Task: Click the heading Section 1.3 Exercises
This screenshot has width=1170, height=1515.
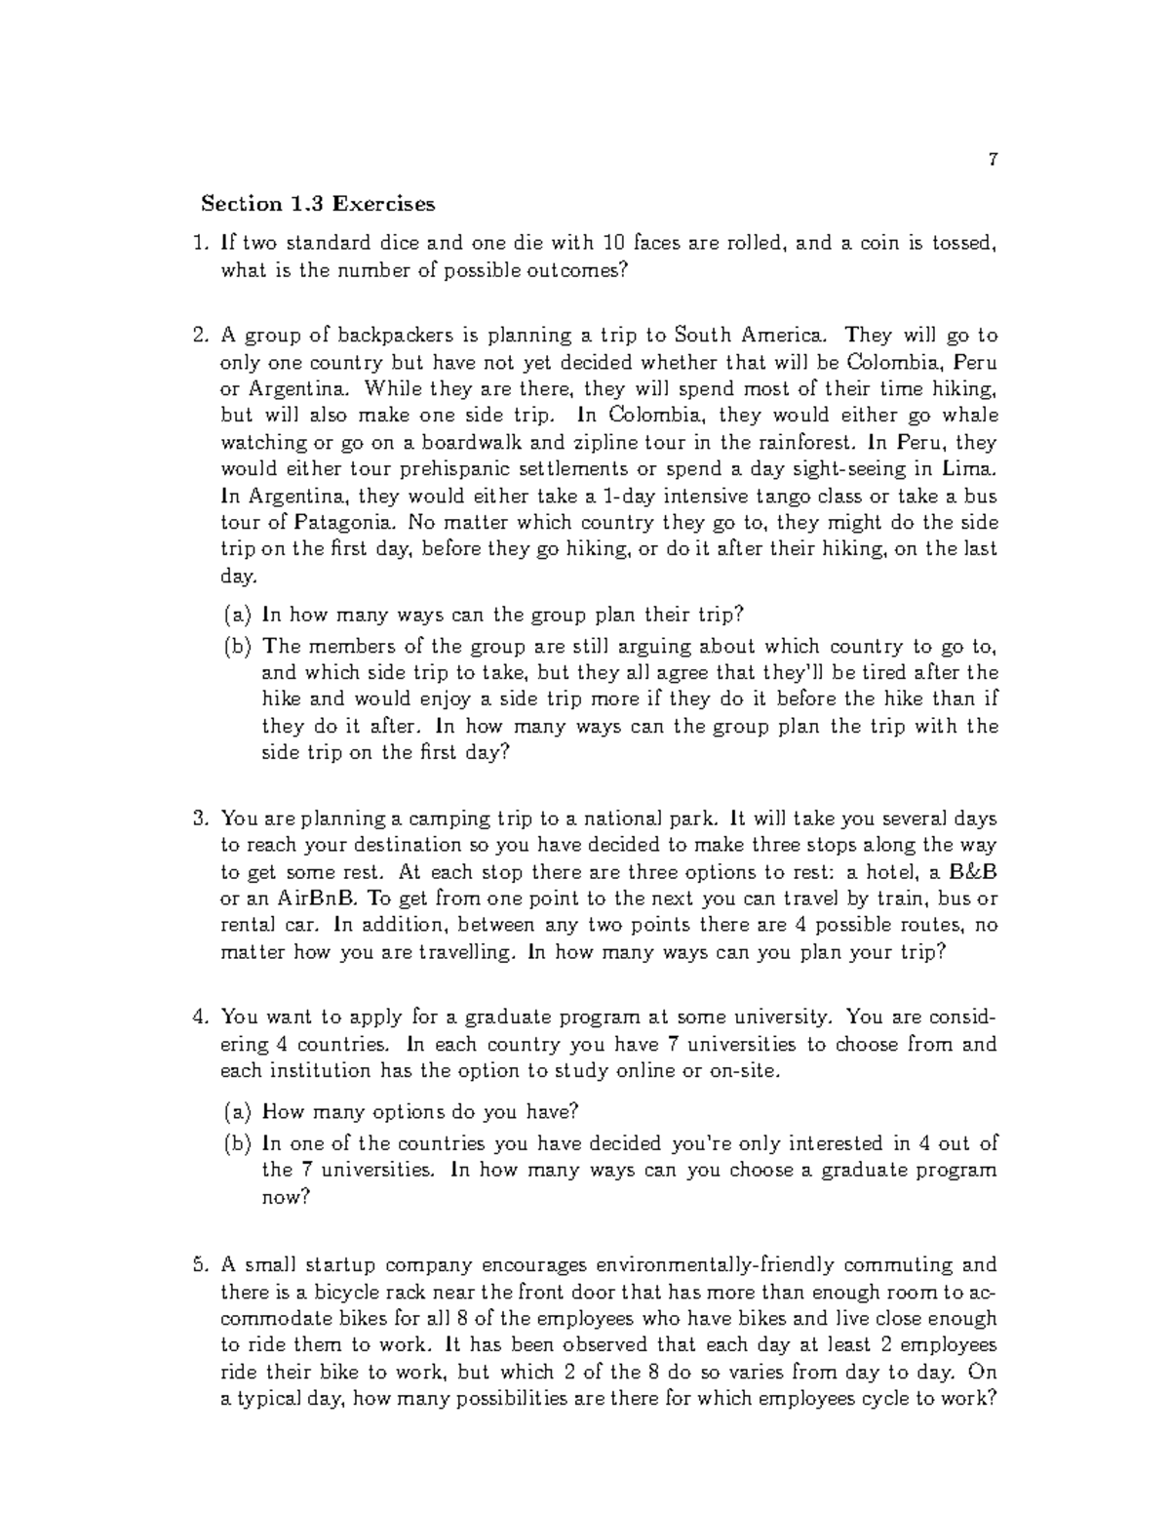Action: coord(318,204)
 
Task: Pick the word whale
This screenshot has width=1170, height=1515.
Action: coord(971,416)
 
